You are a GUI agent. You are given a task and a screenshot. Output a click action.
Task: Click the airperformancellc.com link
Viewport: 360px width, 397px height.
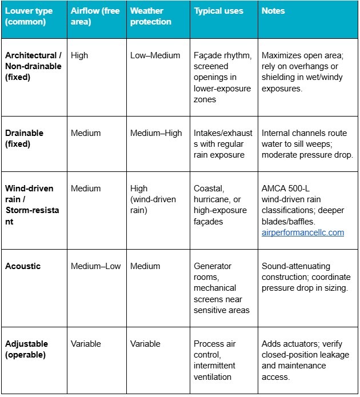tap(302, 232)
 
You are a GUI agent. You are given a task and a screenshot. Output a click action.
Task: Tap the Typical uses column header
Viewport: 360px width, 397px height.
tap(218, 11)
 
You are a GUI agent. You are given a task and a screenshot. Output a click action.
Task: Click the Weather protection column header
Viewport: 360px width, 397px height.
tap(150, 16)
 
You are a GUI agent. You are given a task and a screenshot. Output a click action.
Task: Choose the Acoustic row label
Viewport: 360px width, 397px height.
tap(23, 266)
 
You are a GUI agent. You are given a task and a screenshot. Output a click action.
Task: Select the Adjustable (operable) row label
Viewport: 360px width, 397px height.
tap(27, 349)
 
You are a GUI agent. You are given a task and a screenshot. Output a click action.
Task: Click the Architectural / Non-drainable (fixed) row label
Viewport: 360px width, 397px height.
tap(33, 66)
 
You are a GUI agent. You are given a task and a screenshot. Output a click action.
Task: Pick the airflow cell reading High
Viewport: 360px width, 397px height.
tap(80, 55)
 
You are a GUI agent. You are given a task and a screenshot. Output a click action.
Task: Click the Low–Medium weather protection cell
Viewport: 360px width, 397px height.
tap(155, 55)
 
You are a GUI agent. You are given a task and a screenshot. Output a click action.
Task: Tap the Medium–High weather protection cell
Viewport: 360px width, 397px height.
tap(156, 133)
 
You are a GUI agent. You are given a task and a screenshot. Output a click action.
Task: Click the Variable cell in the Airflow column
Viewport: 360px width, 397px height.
tap(86, 344)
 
